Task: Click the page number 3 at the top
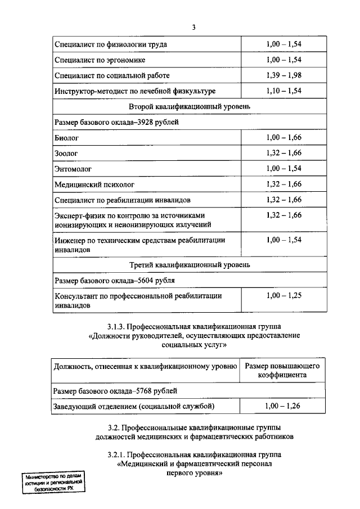193,28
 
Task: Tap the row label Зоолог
66,152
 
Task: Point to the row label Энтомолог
73,168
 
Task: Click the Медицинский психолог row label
95,184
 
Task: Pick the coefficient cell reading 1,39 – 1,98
284,75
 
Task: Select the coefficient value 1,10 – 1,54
284,91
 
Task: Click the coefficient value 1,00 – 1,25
284,295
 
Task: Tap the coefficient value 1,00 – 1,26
283,406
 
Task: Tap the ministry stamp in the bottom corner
53,483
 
